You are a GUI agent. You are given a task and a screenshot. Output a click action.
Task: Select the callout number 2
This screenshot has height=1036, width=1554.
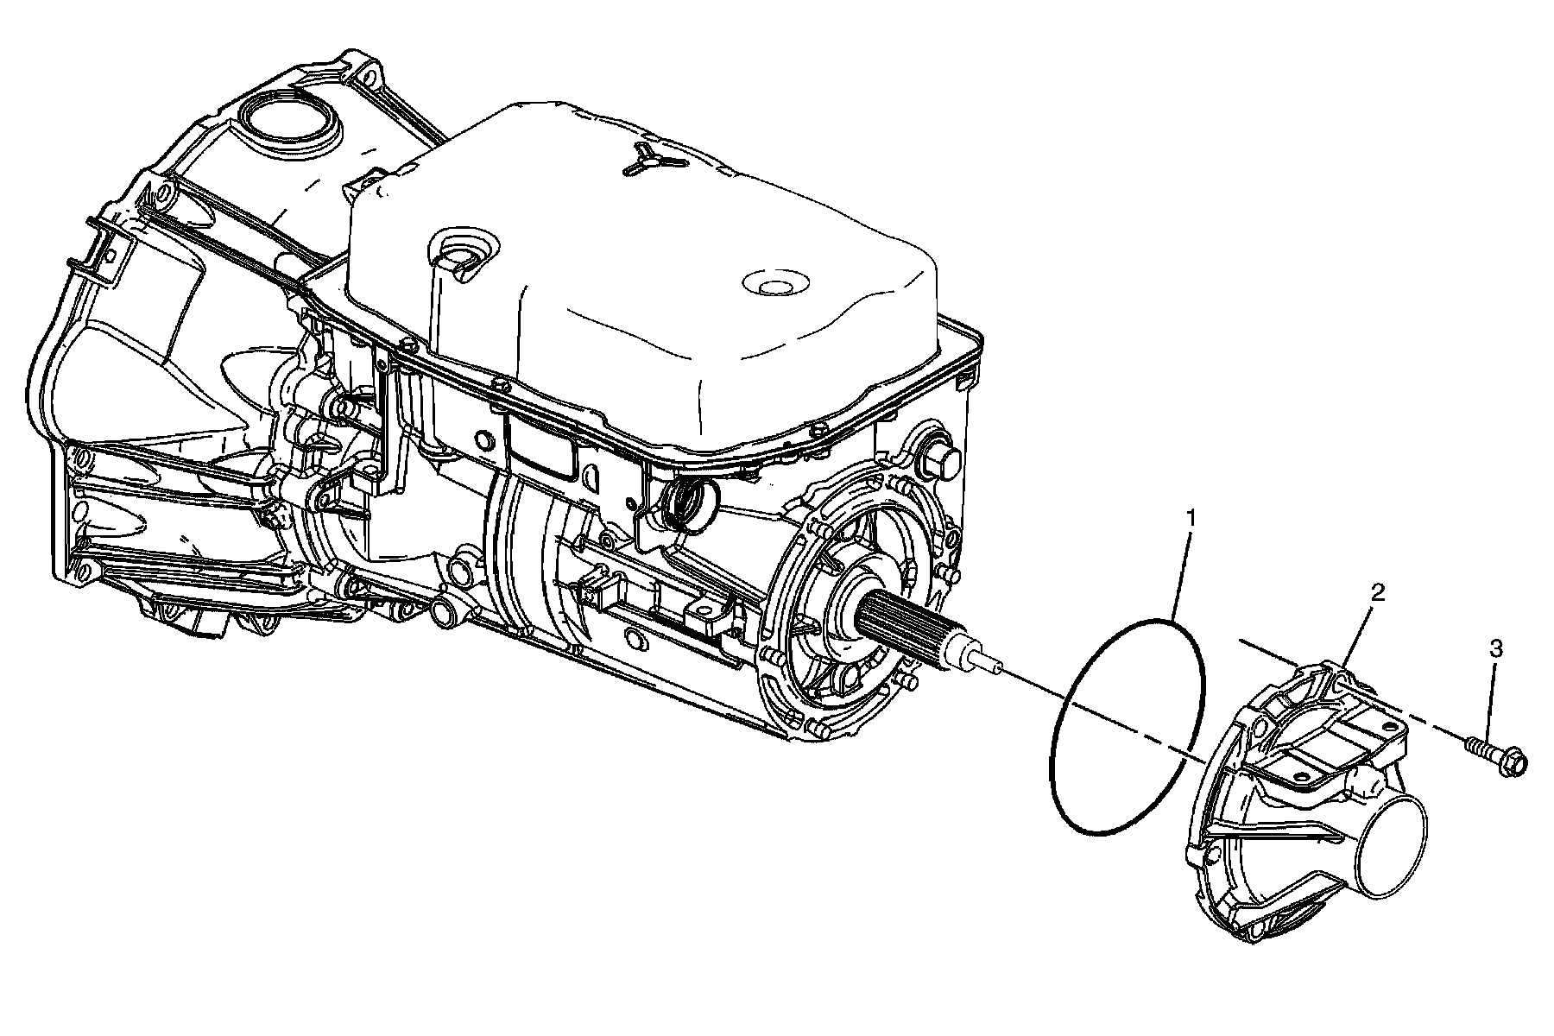(x=1378, y=592)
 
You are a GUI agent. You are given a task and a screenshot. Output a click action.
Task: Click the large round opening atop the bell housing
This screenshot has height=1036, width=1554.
(x=286, y=121)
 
